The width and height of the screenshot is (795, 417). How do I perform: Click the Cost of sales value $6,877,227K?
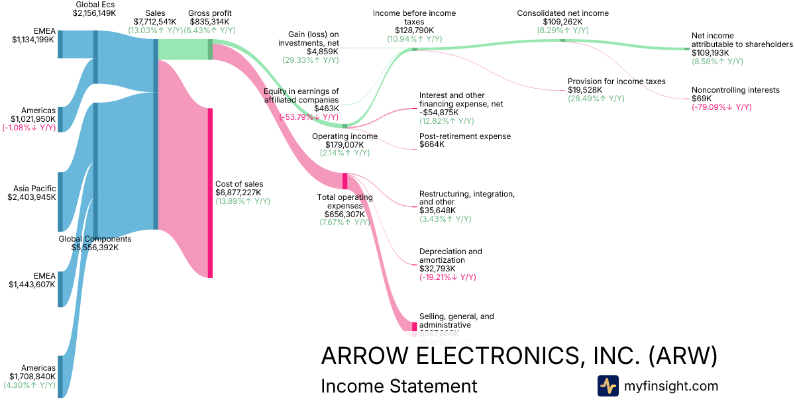click(x=238, y=193)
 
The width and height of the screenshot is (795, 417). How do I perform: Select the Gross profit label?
click(x=209, y=13)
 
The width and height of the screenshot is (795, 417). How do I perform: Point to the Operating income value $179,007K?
click(x=344, y=145)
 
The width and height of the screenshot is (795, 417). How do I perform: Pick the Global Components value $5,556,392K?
click(x=95, y=248)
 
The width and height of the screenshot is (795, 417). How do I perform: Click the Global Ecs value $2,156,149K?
click(x=95, y=13)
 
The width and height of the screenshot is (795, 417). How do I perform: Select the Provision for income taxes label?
click(x=616, y=81)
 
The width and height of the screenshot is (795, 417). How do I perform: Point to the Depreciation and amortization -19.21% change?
click(x=448, y=278)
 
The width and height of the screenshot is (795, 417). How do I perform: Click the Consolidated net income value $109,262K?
click(x=562, y=22)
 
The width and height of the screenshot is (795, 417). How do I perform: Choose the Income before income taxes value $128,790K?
click(x=414, y=30)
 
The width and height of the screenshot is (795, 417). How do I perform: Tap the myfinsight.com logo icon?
click(x=608, y=386)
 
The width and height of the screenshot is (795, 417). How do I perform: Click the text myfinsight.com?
click(x=671, y=386)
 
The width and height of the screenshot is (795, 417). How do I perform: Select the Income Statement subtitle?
click(x=398, y=386)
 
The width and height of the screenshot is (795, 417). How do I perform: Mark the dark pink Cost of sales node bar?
click(x=210, y=193)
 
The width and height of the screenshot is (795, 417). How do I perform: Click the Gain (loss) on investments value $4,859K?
click(x=323, y=51)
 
